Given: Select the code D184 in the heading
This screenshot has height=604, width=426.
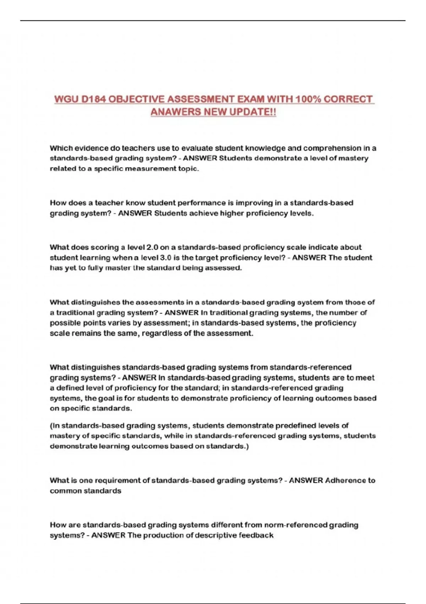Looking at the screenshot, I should click(93, 99).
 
